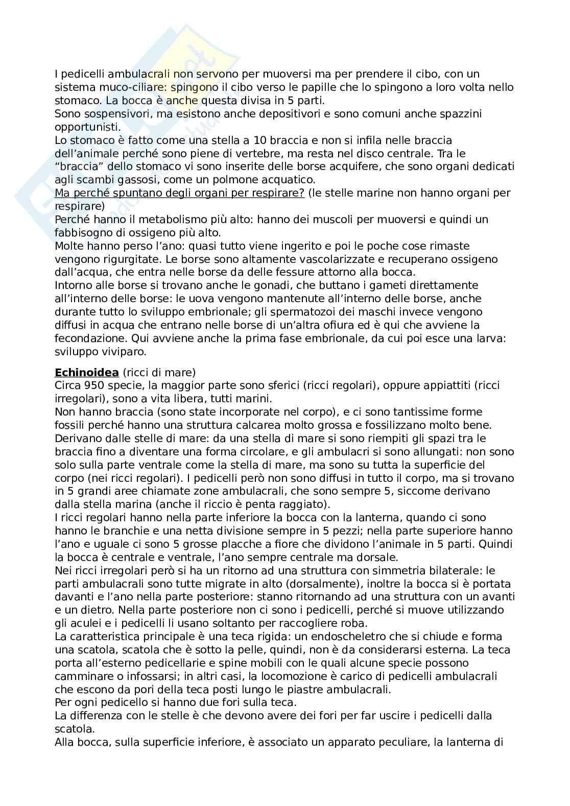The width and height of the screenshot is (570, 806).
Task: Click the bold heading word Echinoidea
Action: [86, 372]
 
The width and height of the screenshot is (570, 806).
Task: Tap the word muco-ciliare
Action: [123, 87]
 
